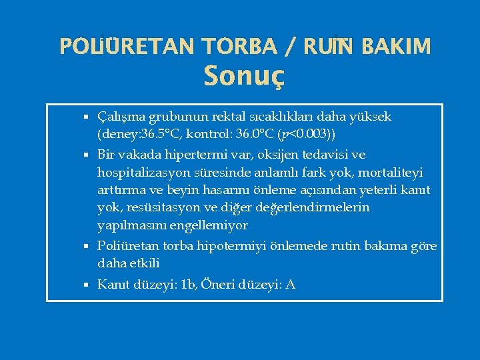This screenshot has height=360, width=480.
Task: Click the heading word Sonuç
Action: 244,76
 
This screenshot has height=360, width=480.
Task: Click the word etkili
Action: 145,263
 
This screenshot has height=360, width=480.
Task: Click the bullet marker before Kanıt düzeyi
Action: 87,285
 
